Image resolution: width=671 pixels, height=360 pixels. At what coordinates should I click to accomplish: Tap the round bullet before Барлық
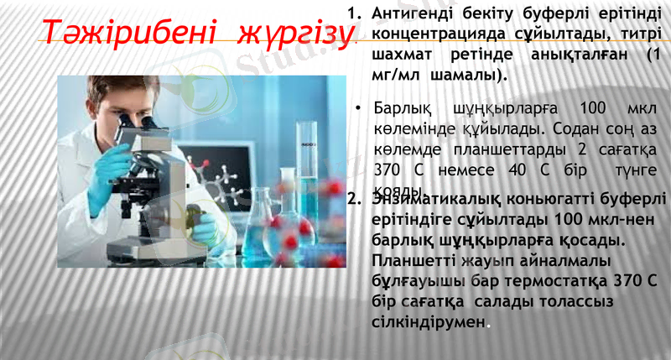click(x=358, y=110)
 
